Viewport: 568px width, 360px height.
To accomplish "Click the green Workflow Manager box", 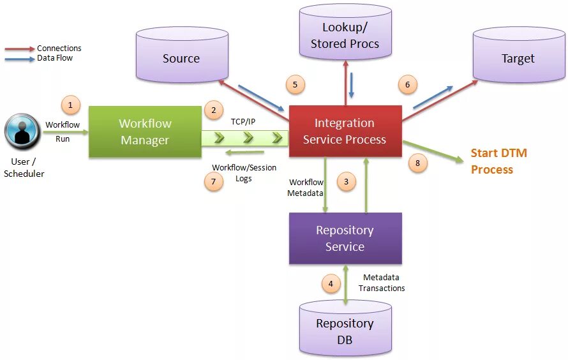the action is click(x=145, y=131).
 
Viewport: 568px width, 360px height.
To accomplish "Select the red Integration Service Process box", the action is click(x=345, y=131).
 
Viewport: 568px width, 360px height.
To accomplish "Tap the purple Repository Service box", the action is click(x=345, y=238).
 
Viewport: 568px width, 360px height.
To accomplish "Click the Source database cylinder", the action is click(x=182, y=55).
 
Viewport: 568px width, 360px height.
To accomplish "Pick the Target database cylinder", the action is click(x=519, y=55).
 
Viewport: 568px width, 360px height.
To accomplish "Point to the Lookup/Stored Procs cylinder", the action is click(x=345, y=32).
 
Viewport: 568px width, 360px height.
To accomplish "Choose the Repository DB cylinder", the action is click(x=345, y=328).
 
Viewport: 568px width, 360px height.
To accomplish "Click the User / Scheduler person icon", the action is click(x=22, y=131).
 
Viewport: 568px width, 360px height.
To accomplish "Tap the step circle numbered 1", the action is click(x=71, y=105).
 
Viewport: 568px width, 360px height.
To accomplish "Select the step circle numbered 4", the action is click(x=331, y=283).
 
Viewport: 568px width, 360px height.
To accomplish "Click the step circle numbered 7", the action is click(x=213, y=181).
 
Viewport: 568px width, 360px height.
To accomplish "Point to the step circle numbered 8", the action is click(x=417, y=163).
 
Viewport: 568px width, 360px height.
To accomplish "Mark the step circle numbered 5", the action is click(x=295, y=85).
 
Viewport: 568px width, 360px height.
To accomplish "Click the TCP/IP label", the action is click(x=243, y=122).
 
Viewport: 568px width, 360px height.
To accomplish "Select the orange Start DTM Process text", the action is click(x=499, y=161).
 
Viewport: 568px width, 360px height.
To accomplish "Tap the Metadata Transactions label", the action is click(x=382, y=283).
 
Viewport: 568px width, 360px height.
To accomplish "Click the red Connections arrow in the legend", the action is click(x=20, y=49).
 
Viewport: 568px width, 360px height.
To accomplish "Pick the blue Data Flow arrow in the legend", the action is click(x=20, y=59).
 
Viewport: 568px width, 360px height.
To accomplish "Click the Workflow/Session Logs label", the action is click(x=244, y=173).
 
